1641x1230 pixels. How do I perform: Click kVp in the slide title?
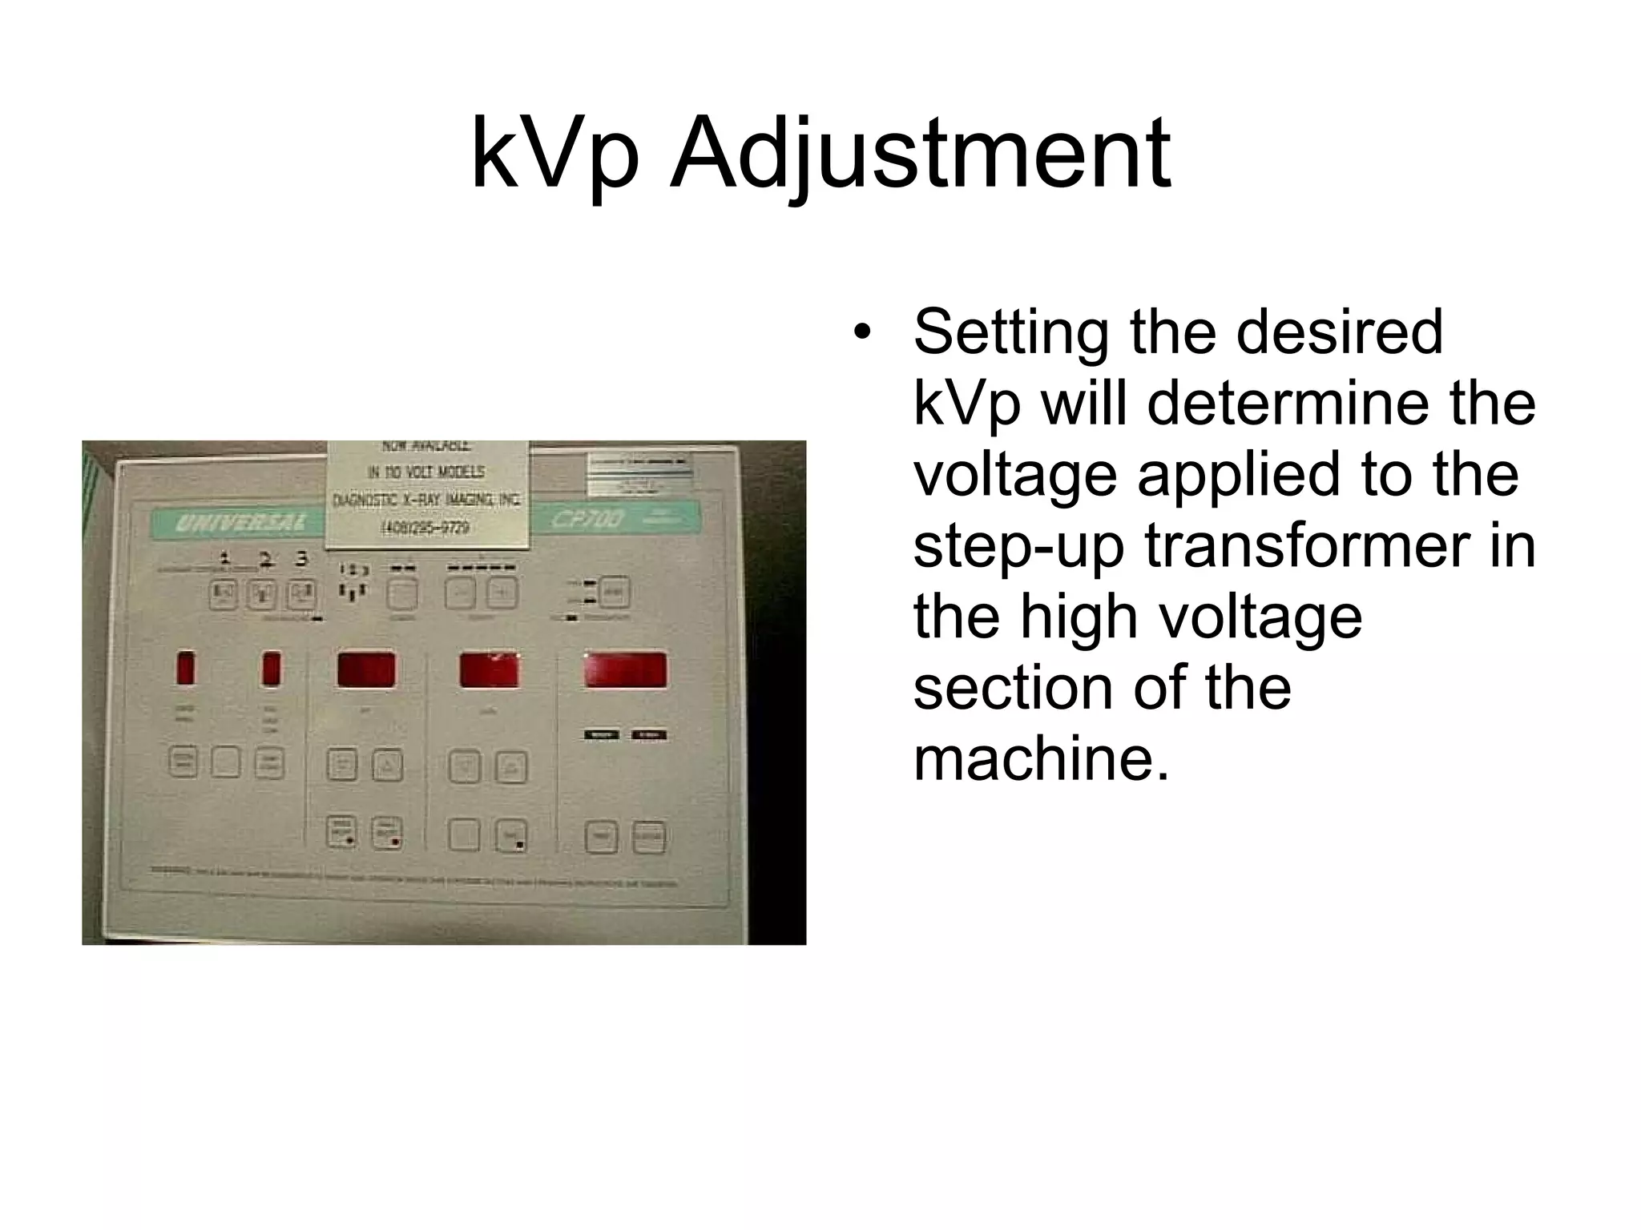click(x=554, y=156)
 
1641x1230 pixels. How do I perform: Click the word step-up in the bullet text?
click(x=1018, y=549)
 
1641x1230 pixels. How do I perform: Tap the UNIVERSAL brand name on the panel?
click(x=240, y=524)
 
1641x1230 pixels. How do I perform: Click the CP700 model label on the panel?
click(x=587, y=520)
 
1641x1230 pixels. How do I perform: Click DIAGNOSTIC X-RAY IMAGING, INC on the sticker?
click(x=426, y=500)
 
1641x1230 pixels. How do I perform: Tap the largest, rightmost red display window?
click(x=625, y=670)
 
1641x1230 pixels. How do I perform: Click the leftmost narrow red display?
click(x=186, y=669)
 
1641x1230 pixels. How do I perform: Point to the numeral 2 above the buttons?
click(x=265, y=559)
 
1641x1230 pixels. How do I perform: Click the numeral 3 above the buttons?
click(x=301, y=559)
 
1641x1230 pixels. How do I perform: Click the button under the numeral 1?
click(x=224, y=595)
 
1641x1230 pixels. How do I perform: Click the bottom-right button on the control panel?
click(x=649, y=838)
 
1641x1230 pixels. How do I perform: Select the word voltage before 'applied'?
click(x=1014, y=474)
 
